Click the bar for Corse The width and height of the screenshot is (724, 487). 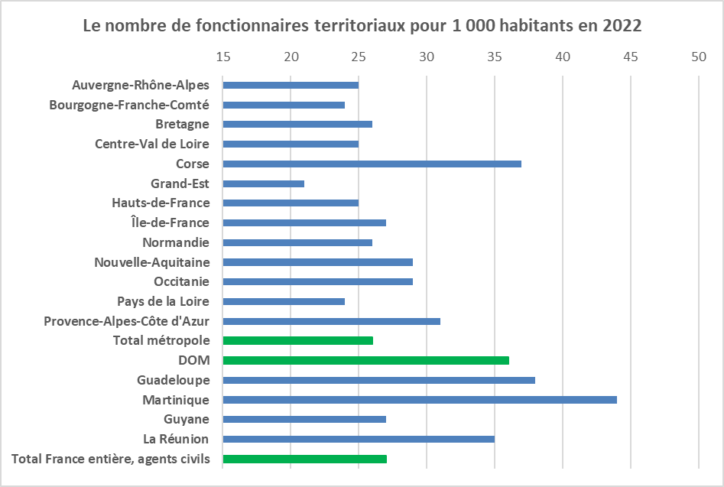[372, 164]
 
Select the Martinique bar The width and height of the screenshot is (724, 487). [419, 400]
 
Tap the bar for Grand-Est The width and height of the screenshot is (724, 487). [263, 183]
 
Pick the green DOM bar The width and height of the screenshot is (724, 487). [365, 360]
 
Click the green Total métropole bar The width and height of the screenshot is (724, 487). [297, 340]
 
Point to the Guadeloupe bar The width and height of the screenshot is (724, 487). [378, 380]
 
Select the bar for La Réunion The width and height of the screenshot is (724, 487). [358, 439]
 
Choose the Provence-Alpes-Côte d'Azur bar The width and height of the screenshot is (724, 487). [331, 321]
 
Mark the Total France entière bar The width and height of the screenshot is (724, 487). [304, 459]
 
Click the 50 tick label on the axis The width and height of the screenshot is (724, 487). [698, 57]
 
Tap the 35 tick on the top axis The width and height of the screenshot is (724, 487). [495, 57]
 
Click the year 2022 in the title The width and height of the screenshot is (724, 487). [622, 25]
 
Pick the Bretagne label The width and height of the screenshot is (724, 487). [182, 124]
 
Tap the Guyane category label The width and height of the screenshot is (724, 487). [186, 419]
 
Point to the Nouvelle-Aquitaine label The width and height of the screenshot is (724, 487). [151, 262]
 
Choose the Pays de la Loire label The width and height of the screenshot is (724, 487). [163, 301]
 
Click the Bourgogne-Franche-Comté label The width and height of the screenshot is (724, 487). [129, 105]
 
